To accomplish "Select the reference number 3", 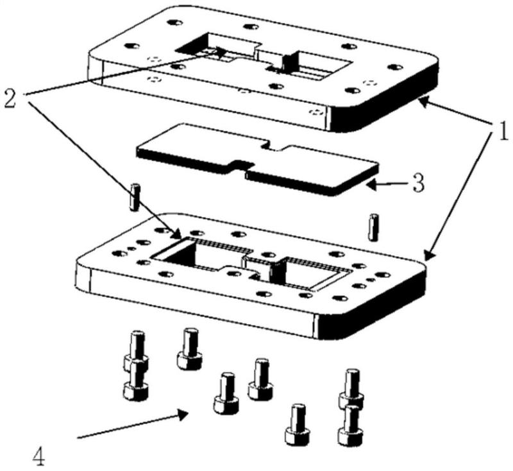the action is [x=418, y=184].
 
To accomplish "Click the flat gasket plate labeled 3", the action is [x=258, y=159].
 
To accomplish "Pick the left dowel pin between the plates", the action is [x=135, y=197].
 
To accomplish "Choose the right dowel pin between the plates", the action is [x=373, y=227].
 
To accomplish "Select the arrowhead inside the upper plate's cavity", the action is [x=221, y=52].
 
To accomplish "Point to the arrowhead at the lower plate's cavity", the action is [x=178, y=234].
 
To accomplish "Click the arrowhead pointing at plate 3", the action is [x=371, y=185].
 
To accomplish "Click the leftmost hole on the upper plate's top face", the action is [x=132, y=46].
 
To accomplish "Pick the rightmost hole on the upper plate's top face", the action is [x=395, y=67].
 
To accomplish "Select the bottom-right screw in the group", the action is [x=351, y=425].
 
